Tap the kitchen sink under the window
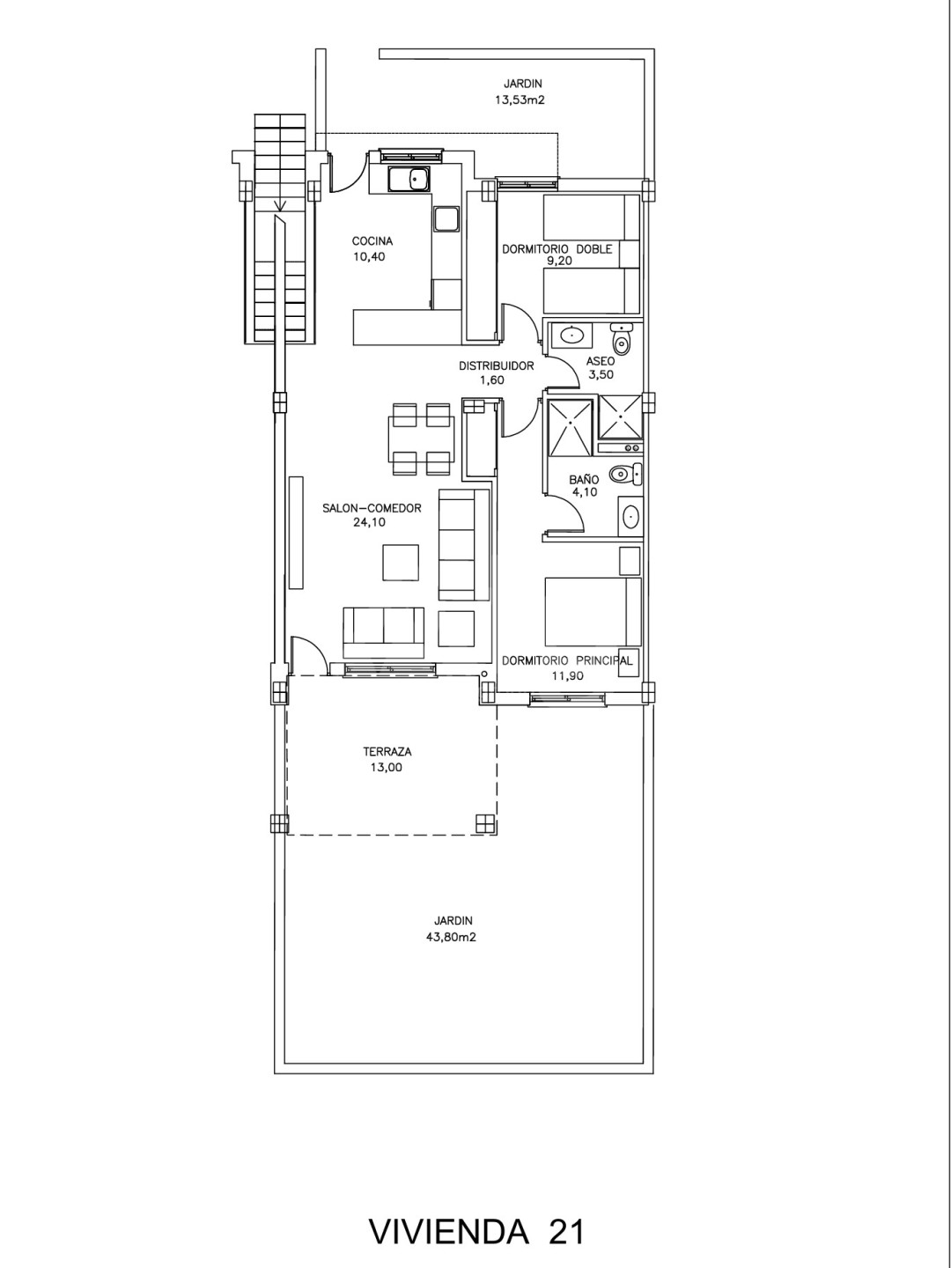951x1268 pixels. [x=409, y=179]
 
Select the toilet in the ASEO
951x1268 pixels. [x=622, y=338]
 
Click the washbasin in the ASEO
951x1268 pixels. [x=571, y=335]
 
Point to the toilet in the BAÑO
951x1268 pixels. [x=626, y=475]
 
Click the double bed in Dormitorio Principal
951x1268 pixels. [x=593, y=612]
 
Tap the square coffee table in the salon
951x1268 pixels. [x=401, y=562]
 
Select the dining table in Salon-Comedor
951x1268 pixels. [x=421, y=439]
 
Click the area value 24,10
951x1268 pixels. [x=370, y=522]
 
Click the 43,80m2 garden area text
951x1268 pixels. [x=451, y=938]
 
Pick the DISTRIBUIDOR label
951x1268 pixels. [x=497, y=365]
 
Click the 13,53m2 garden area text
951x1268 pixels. [x=520, y=100]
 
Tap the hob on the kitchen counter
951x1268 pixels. [x=446, y=220]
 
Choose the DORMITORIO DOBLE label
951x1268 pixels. [x=557, y=249]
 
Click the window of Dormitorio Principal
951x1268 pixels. [x=569, y=699]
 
